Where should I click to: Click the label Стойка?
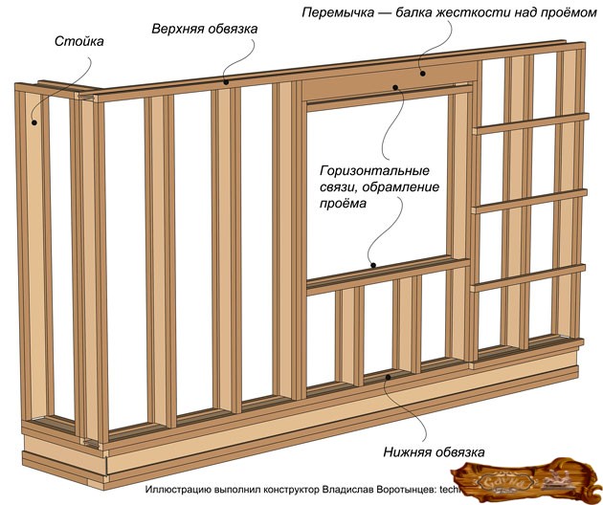76,43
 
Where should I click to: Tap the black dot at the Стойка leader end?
33,121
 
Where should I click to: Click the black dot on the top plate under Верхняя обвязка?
227,82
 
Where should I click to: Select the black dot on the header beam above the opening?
422,72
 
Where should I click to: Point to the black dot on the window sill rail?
373,265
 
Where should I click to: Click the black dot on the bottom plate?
387,378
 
